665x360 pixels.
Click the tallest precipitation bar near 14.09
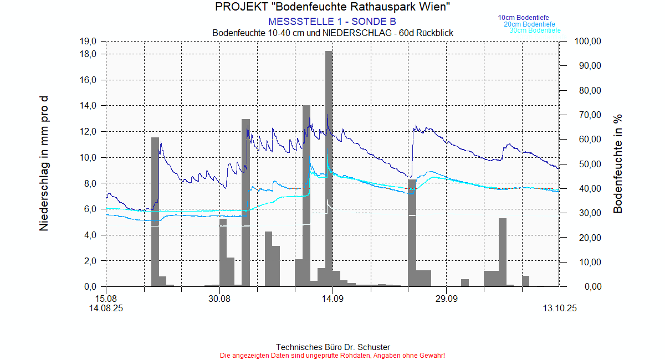(x=329, y=166)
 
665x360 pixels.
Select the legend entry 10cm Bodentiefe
(x=523, y=18)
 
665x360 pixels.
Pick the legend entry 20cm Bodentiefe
(x=529, y=24)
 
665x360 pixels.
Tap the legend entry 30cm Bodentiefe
(x=535, y=30)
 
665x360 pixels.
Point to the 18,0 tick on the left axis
(x=89, y=54)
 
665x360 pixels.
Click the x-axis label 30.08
(x=219, y=298)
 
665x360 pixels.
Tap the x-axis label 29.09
(x=446, y=298)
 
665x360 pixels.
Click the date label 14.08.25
(x=106, y=308)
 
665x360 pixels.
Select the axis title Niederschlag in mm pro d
(x=44, y=163)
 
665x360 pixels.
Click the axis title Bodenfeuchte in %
(x=618, y=164)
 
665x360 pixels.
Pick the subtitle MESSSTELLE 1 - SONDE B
(x=332, y=22)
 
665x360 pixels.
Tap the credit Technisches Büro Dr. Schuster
(x=332, y=347)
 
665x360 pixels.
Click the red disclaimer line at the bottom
(x=332, y=355)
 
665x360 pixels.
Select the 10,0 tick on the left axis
(x=89, y=157)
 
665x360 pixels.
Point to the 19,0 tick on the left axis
(x=89, y=41)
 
